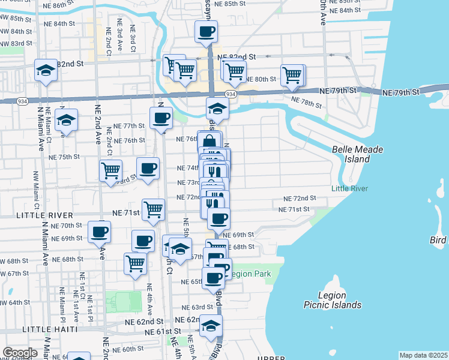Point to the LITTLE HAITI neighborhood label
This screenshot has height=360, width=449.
(50, 329)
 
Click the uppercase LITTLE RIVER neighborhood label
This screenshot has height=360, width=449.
(36, 215)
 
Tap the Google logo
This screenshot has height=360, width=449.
(20, 353)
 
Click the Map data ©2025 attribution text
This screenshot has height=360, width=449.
(423, 355)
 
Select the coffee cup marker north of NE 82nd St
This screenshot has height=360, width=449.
(206, 31)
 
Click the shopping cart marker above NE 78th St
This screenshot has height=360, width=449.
(292, 76)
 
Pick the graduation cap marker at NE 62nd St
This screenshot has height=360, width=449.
(211, 326)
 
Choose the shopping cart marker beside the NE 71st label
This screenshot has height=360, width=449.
(154, 210)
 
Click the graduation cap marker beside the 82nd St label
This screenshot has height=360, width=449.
(45, 70)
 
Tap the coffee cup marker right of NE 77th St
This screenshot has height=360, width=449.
(161, 118)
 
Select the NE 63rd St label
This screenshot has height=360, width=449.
(198, 307)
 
